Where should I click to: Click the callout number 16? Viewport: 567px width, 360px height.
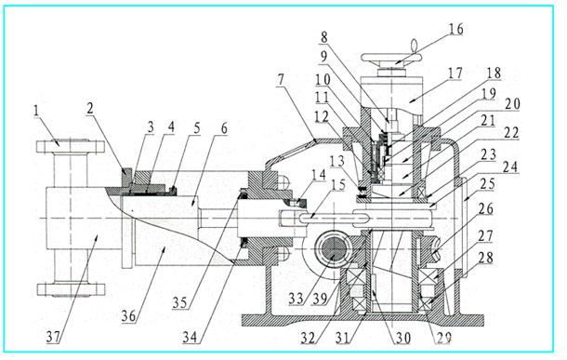click(455, 29)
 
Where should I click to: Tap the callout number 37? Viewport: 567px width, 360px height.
click(53, 337)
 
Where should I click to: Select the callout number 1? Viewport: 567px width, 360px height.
click(35, 111)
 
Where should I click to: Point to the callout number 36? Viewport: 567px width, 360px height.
click(128, 316)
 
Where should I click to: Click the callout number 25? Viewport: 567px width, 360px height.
click(487, 184)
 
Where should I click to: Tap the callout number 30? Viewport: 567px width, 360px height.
click(402, 338)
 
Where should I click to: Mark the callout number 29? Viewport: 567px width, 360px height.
click(443, 338)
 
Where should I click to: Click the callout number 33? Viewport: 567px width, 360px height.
click(296, 299)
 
